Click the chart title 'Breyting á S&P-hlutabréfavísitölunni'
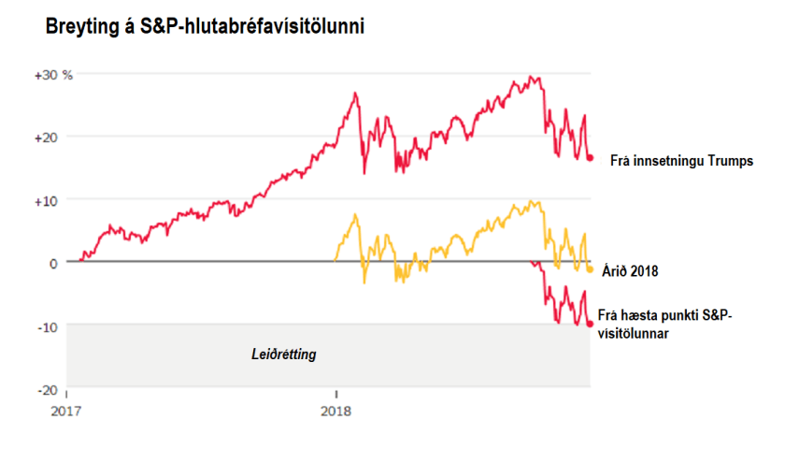[205, 28]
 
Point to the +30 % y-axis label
[54, 74]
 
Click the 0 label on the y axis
[54, 263]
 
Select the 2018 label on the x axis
[335, 410]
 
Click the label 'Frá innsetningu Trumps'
[680, 160]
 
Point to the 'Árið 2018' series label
[632, 272]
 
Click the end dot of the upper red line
[590, 158]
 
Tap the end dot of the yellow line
[590, 268]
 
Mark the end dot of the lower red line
[590, 324]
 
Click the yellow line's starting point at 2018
[335, 262]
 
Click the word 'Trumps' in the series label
[731, 160]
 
